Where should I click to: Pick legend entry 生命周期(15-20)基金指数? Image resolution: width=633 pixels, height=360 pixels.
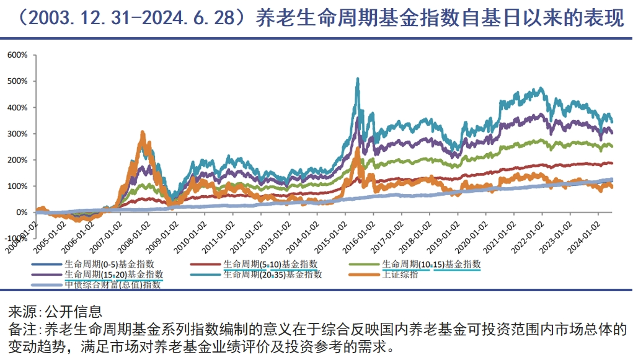[x=114, y=274]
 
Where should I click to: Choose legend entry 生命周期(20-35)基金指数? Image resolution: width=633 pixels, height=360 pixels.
[x=272, y=274]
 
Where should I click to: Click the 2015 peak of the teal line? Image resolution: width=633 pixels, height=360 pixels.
[x=358, y=79]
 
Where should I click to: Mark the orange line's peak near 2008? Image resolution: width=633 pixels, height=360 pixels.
[x=143, y=133]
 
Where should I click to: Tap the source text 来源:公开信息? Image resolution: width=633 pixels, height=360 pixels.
[x=55, y=311]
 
